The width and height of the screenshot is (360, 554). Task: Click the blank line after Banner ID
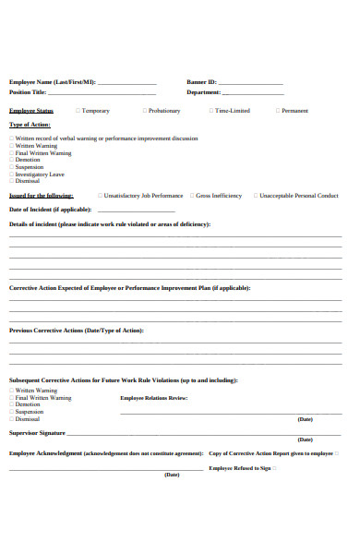coord(251,84)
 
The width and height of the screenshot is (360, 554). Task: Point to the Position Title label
coord(28,92)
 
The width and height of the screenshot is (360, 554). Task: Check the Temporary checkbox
coord(77,111)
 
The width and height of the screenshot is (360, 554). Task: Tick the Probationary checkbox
coord(144,111)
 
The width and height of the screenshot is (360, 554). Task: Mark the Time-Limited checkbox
coord(211,111)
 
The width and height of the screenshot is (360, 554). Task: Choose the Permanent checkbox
coord(276,111)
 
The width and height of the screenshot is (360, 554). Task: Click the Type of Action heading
coord(30,124)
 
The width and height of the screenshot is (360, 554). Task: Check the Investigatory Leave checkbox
coord(12,174)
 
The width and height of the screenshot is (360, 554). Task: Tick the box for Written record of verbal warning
coord(12,138)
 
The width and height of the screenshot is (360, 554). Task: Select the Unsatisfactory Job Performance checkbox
coord(99,196)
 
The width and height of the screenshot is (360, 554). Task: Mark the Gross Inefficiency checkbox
coord(191,196)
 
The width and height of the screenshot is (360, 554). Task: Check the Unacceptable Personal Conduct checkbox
coord(254,196)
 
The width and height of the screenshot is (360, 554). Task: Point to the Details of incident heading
coord(109,224)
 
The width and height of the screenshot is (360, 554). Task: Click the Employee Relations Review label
coord(153,398)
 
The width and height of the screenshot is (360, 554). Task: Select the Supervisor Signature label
coord(37,432)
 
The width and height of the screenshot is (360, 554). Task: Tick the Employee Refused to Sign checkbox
coord(274,468)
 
